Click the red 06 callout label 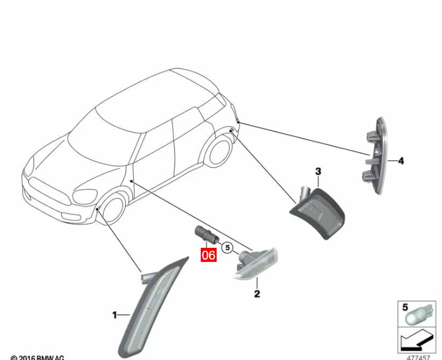pyautogui.click(x=208, y=255)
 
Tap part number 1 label pyautogui.click(x=115, y=315)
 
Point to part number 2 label pyautogui.click(x=257, y=294)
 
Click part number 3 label pyautogui.click(x=318, y=171)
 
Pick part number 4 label pyautogui.click(x=401, y=160)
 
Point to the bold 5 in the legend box pyautogui.click(x=405, y=307)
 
